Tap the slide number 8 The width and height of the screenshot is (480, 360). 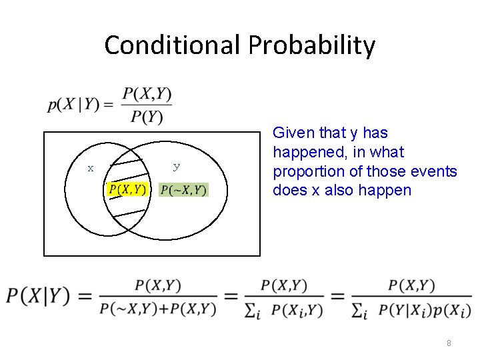point(449,343)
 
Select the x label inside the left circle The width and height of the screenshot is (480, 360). point(91,168)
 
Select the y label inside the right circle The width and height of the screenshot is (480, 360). point(176,166)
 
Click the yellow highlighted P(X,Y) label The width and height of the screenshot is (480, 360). point(127,190)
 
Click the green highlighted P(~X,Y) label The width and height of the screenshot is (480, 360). point(184,191)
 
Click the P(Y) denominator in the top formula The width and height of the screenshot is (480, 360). point(147,117)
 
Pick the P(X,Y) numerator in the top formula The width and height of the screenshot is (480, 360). point(147,94)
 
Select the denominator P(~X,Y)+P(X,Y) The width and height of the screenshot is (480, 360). point(158,309)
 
